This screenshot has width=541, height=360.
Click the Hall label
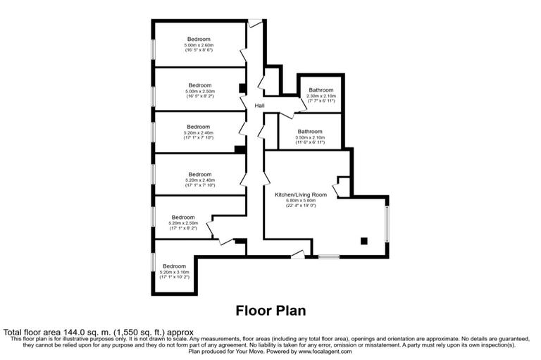(x=260, y=106)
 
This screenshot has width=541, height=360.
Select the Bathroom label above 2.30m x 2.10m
(x=321, y=90)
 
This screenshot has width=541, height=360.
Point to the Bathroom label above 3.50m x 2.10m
(x=310, y=131)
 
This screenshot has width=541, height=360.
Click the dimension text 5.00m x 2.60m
(x=199, y=45)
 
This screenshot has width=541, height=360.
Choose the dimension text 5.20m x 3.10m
(x=174, y=272)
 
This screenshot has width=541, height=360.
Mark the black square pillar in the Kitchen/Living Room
(x=364, y=241)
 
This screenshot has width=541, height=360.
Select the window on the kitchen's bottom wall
(x=329, y=256)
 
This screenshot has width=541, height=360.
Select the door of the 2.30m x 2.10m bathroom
(x=301, y=106)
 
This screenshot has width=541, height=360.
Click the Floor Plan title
(x=270, y=310)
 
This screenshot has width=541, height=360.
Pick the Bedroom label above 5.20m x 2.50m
(x=183, y=217)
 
